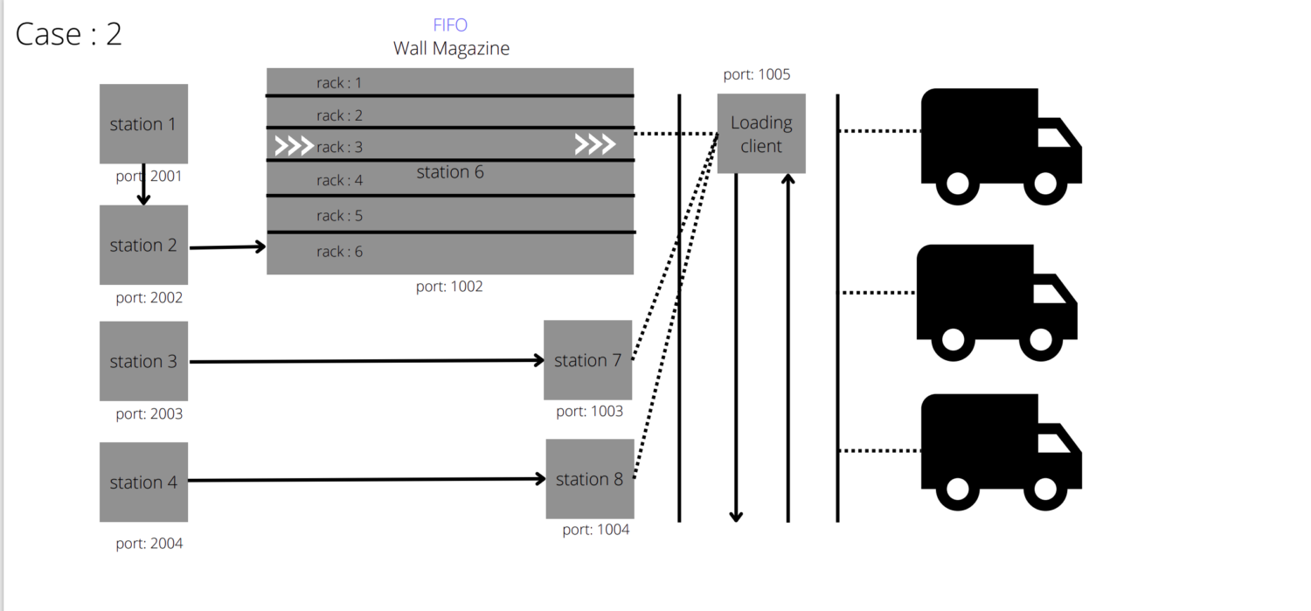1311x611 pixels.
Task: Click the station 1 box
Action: pyautogui.click(x=143, y=123)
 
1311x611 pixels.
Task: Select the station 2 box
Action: pyautogui.click(x=143, y=245)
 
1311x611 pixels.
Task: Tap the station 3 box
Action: pyautogui.click(x=143, y=361)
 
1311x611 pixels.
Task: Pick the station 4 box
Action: pyautogui.click(x=143, y=482)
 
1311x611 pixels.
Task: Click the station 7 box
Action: pyautogui.click(x=587, y=360)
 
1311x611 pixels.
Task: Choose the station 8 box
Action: pyautogui.click(x=589, y=479)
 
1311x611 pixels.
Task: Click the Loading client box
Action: pyautogui.click(x=761, y=134)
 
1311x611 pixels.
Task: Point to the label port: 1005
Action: pyautogui.click(x=757, y=75)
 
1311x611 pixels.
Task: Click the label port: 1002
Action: pyautogui.click(x=449, y=287)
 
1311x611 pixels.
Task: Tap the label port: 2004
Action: pyautogui.click(x=149, y=544)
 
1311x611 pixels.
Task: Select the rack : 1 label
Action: pyautogui.click(x=339, y=83)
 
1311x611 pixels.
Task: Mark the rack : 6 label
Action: pyautogui.click(x=339, y=252)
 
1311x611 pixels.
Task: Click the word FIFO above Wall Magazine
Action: pyautogui.click(x=450, y=25)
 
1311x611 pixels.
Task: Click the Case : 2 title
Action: pyautogui.click(x=69, y=34)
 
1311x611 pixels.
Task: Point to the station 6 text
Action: pyautogui.click(x=450, y=172)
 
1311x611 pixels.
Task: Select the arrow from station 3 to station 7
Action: pyautogui.click(x=367, y=360)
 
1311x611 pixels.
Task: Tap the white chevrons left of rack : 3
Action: pyautogui.click(x=294, y=146)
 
